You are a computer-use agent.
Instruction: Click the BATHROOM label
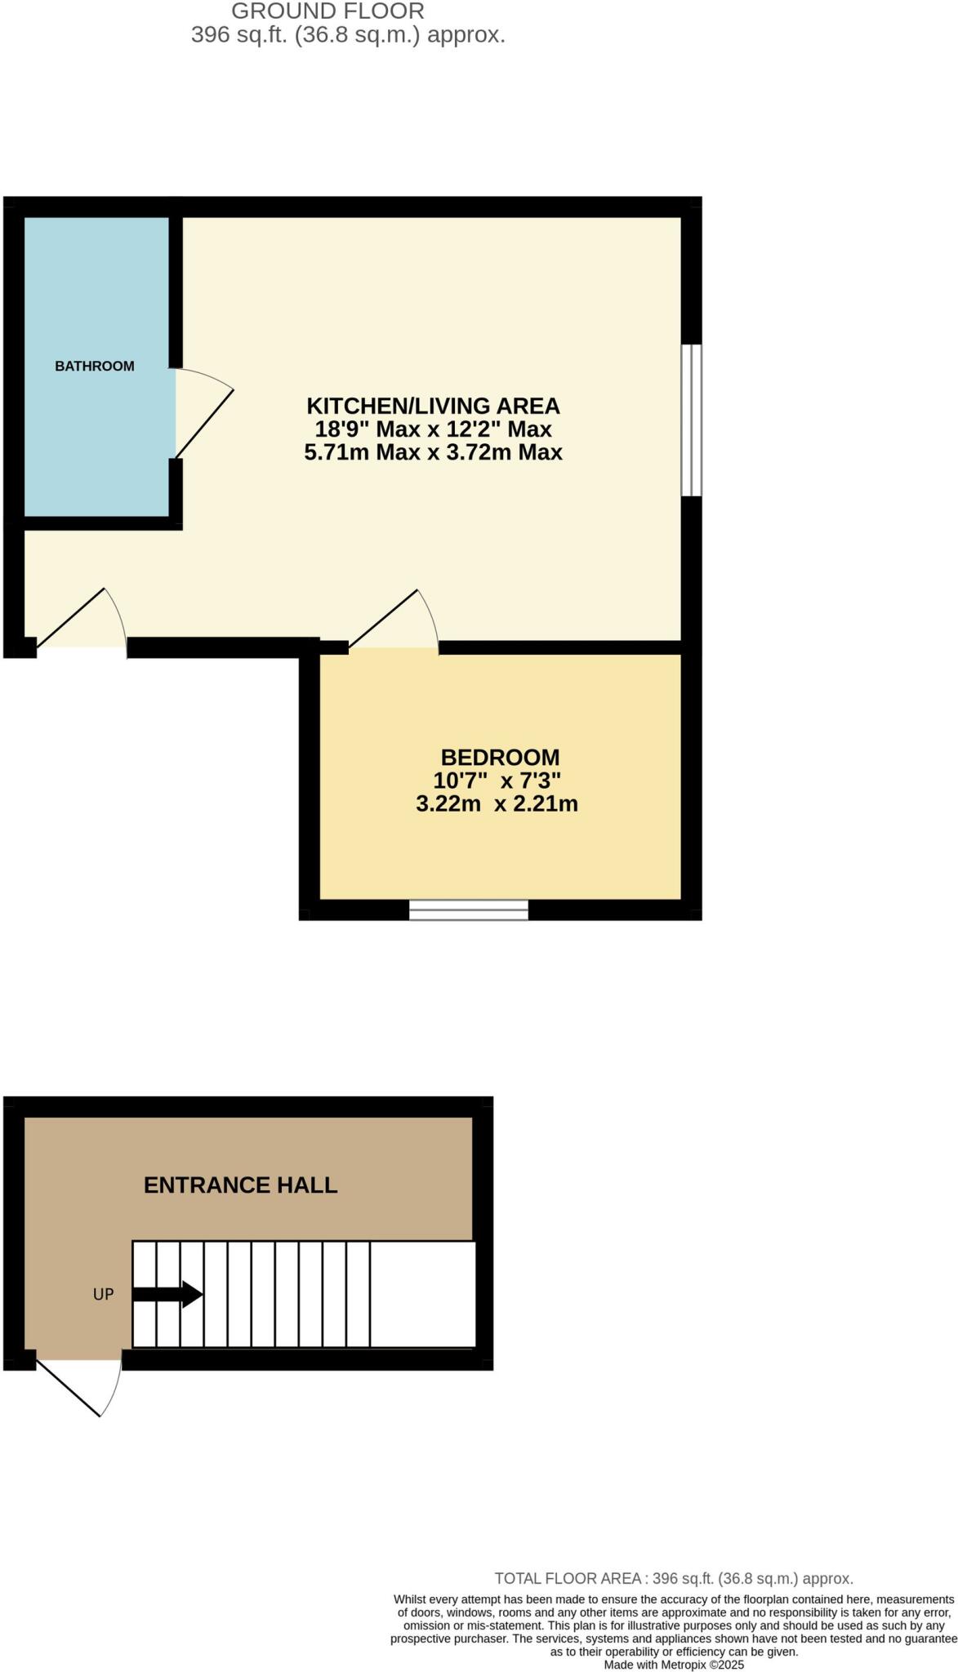click(x=95, y=366)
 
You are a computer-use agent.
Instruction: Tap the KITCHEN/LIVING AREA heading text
click(x=433, y=406)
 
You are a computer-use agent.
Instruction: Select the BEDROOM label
click(x=500, y=757)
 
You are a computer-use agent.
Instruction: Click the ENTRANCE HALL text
click(x=240, y=1185)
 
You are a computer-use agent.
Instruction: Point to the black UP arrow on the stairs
click(x=168, y=1294)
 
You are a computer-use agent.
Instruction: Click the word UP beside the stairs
click(x=103, y=1294)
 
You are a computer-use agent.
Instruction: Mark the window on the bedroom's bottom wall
click(x=469, y=909)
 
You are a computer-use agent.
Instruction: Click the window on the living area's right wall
click(x=691, y=420)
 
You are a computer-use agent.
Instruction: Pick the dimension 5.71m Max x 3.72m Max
click(x=433, y=452)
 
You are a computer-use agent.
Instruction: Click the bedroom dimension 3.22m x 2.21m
click(x=497, y=804)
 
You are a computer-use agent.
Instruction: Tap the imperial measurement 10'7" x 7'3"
click(x=497, y=780)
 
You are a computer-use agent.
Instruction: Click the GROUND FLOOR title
click(x=328, y=11)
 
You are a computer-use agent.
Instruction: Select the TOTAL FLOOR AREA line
click(x=673, y=1579)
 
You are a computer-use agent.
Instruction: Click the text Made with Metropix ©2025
click(x=673, y=1664)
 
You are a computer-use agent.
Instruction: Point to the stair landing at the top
click(x=422, y=1294)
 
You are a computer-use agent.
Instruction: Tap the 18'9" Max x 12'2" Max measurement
click(x=433, y=429)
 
